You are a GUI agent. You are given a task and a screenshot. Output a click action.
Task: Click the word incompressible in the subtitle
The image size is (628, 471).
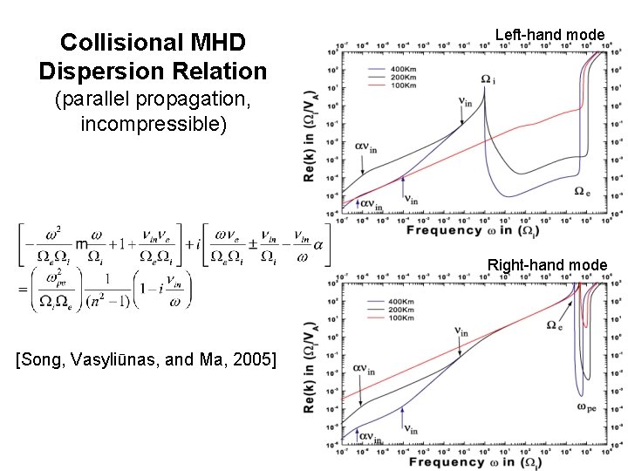[x=153, y=124]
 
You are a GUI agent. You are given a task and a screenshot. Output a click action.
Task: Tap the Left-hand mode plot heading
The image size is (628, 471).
[x=549, y=35]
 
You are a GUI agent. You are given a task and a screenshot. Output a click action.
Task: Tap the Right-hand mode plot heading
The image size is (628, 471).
[x=547, y=264]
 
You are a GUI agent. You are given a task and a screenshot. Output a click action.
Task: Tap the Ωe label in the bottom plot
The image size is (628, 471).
[x=554, y=324]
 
